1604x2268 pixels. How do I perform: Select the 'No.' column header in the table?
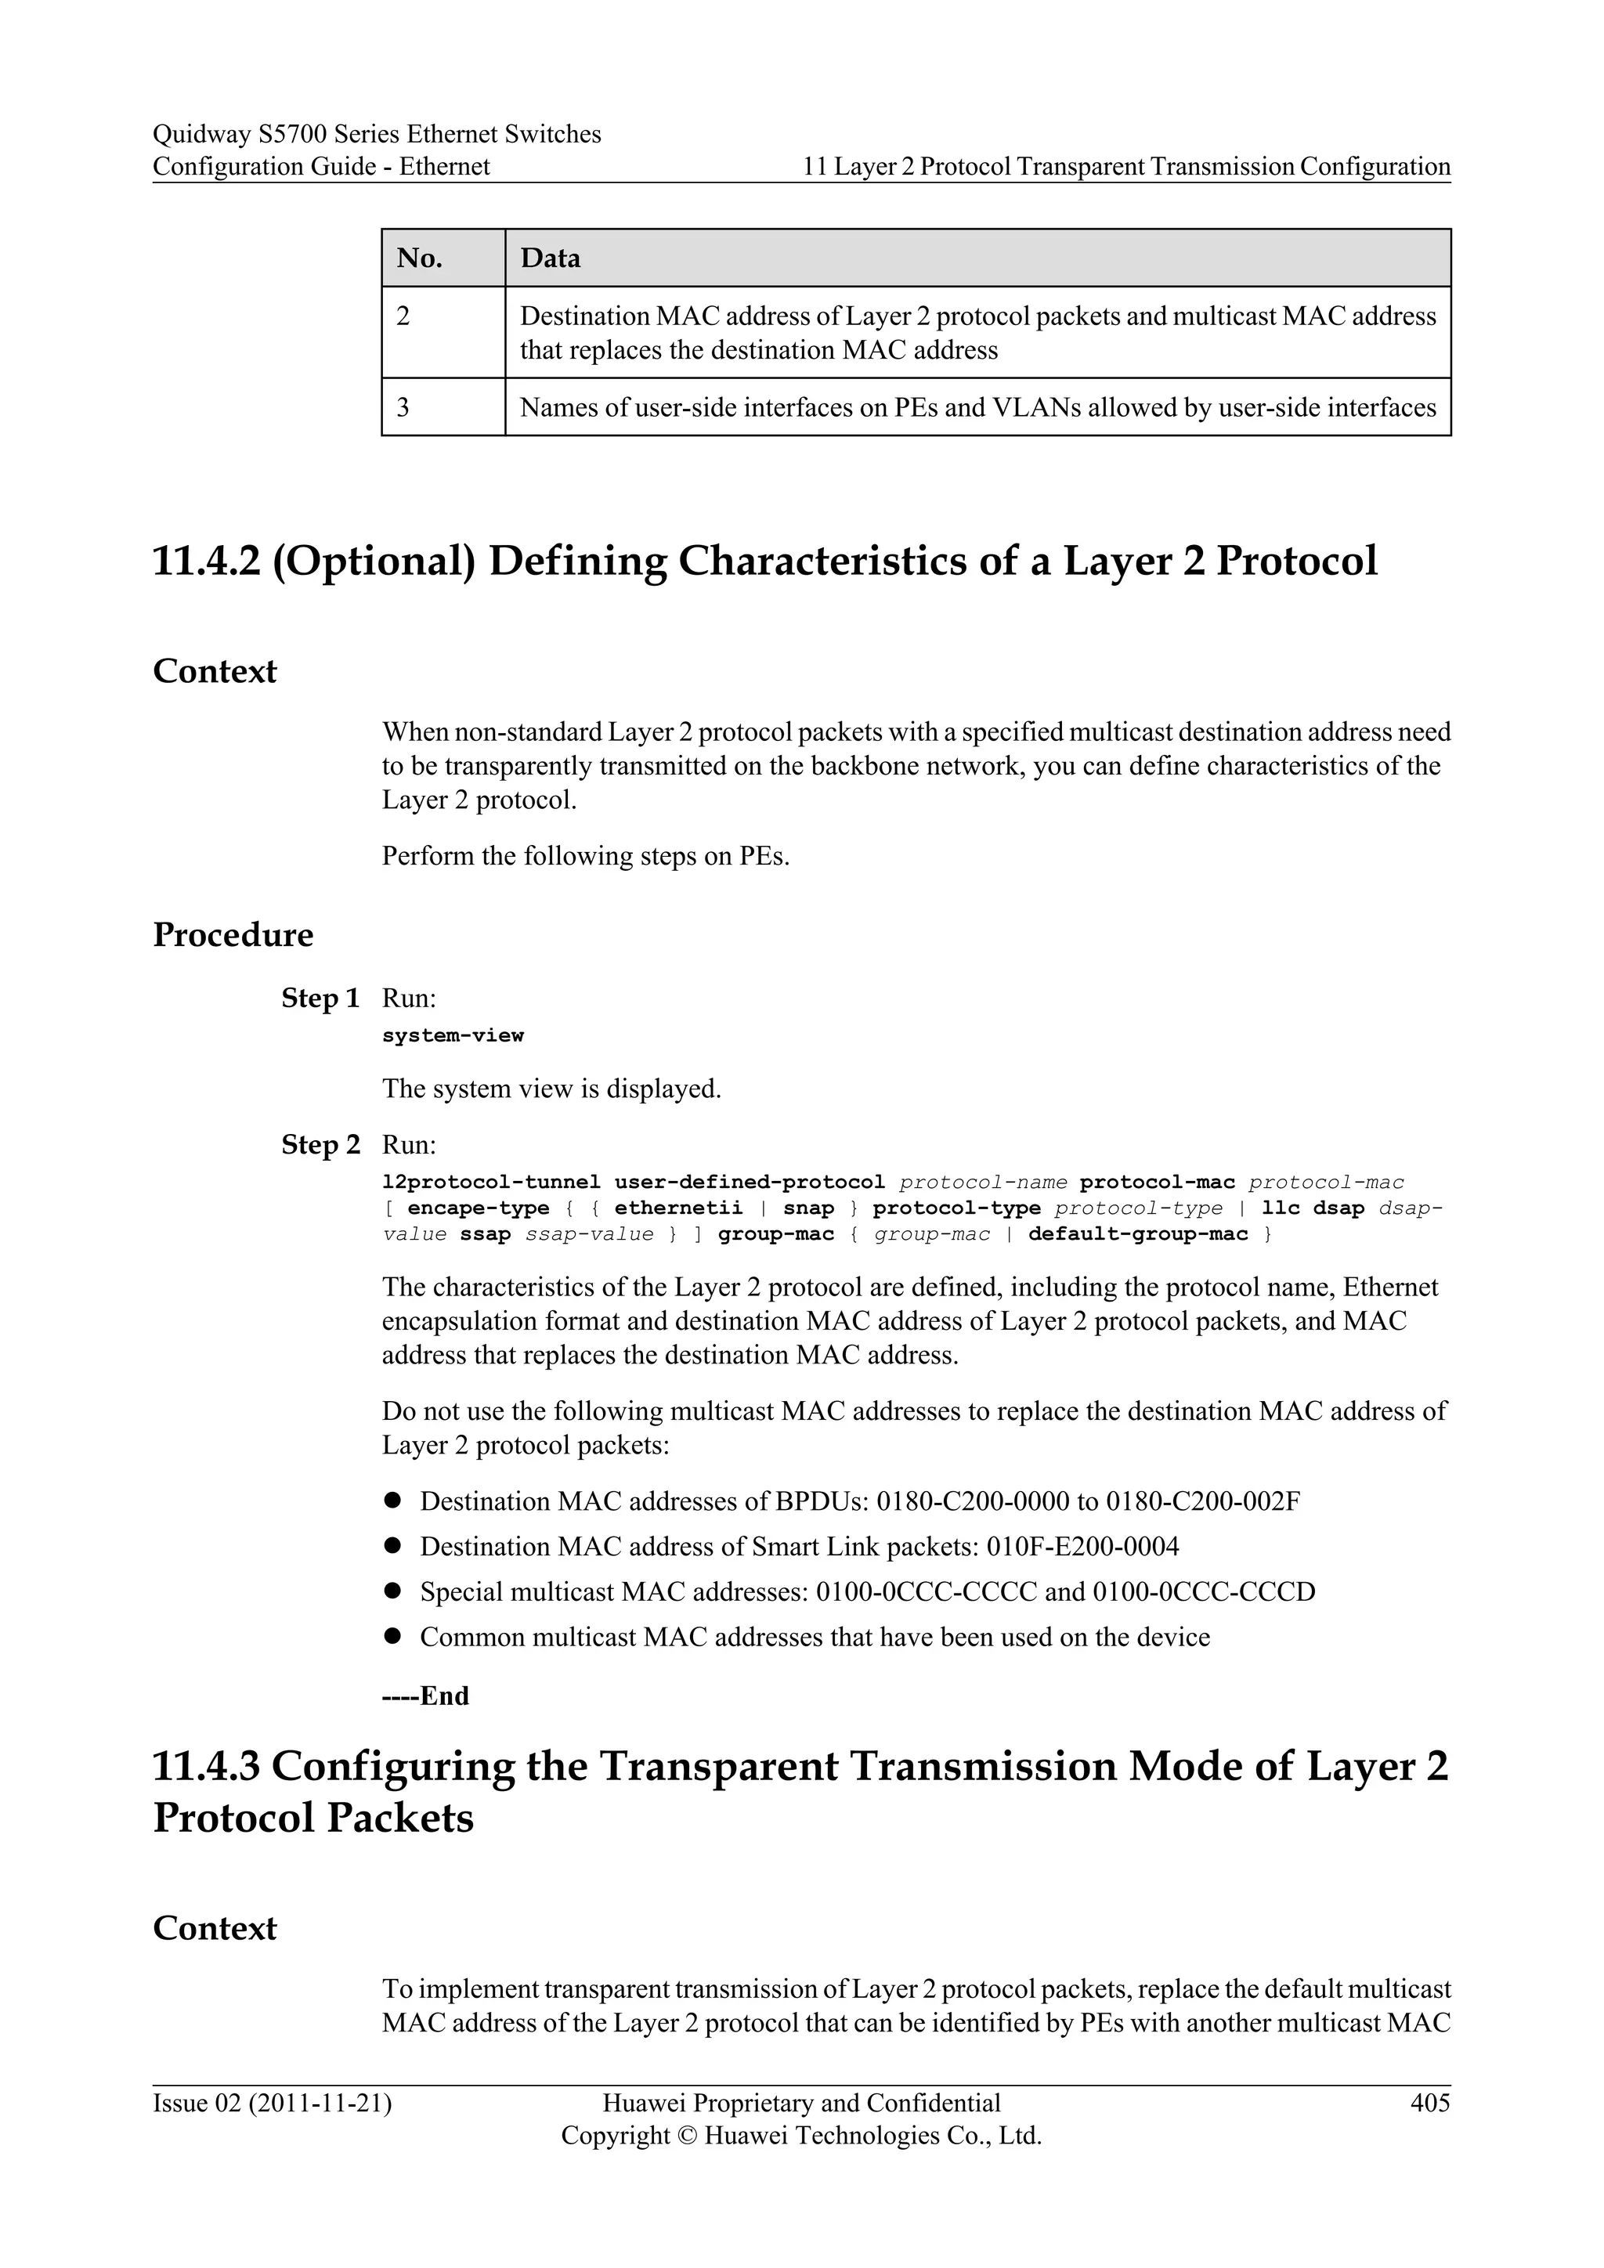point(419,258)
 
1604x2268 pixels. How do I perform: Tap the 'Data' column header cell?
point(550,258)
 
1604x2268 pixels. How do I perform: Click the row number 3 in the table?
point(403,408)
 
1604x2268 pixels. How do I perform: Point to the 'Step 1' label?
point(320,999)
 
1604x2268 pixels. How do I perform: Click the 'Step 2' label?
point(320,1145)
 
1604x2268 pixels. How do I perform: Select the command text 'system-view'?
point(453,1035)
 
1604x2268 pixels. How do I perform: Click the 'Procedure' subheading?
point(233,934)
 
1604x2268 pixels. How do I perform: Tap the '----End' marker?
point(426,1696)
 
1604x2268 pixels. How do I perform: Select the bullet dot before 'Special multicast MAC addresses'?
point(392,1591)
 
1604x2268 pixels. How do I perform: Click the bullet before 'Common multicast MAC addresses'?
point(392,1637)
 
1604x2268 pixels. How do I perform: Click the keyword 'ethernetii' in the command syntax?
point(677,1208)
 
